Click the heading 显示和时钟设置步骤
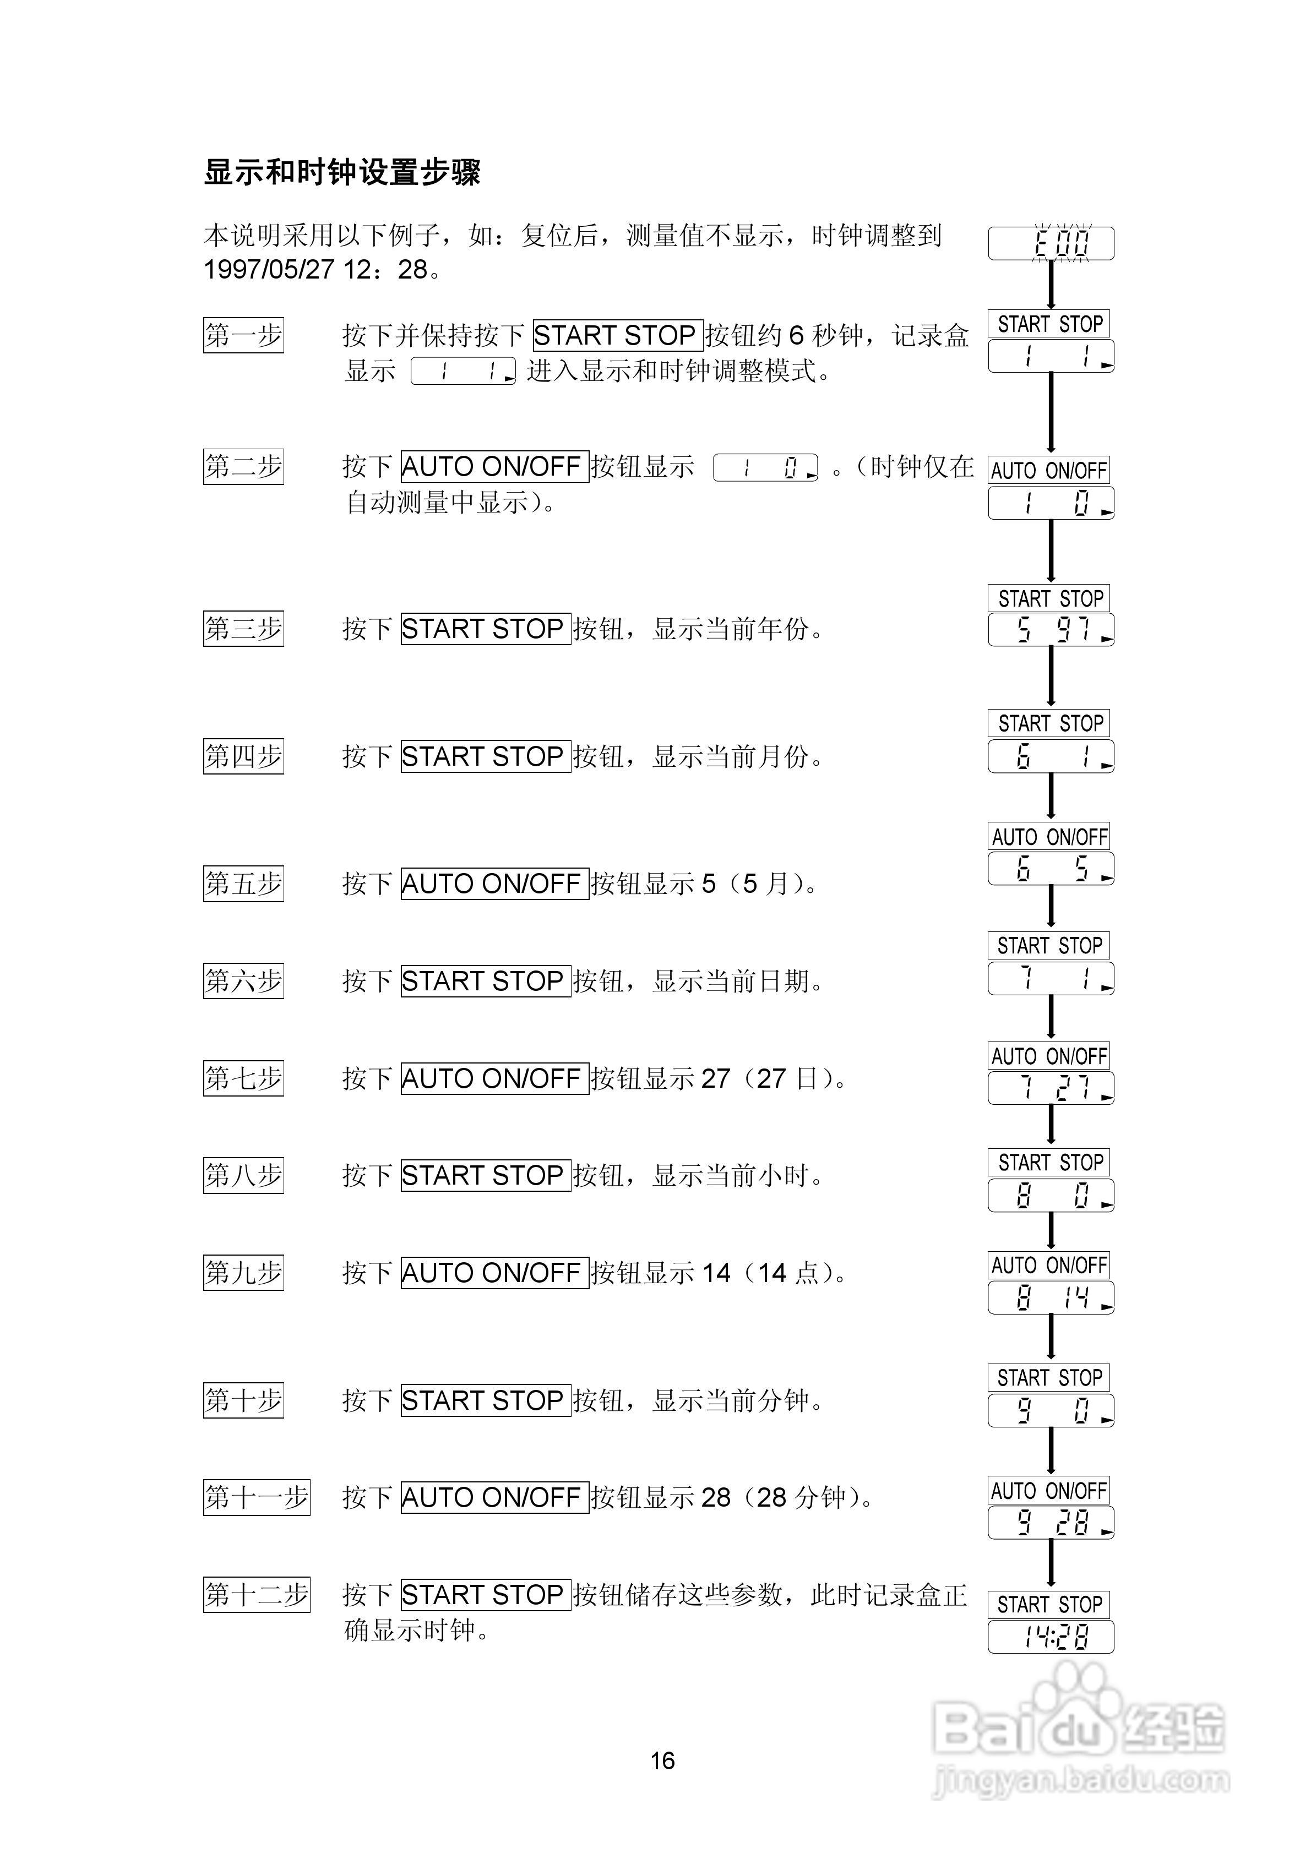(x=342, y=172)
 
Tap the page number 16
(x=662, y=1760)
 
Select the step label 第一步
(x=243, y=335)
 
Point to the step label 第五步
(x=243, y=884)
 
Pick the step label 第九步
(x=243, y=1273)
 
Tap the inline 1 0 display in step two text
(x=765, y=467)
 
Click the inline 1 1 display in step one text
(x=463, y=372)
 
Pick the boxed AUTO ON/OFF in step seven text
(x=494, y=1079)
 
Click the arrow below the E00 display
(x=1051, y=284)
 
